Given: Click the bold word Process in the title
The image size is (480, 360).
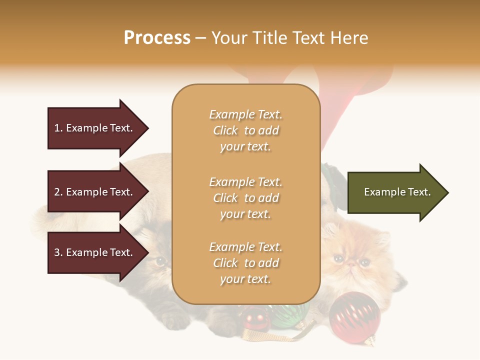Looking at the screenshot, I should pos(157,38).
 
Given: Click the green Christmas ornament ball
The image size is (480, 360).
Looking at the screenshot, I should pos(290,314).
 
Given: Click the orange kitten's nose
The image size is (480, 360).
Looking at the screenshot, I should pos(352,263).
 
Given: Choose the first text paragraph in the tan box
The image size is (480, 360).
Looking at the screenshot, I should pos(245,130).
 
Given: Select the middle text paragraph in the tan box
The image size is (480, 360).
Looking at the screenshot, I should pos(245,197).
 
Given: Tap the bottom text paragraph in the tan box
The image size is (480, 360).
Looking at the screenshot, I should pos(245,263).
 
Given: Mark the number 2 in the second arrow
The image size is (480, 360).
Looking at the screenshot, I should pos(57,192).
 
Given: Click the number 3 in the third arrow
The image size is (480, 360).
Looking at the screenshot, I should pos(57,252).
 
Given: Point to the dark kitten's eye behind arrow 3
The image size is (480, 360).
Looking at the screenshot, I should pos(160,260).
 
